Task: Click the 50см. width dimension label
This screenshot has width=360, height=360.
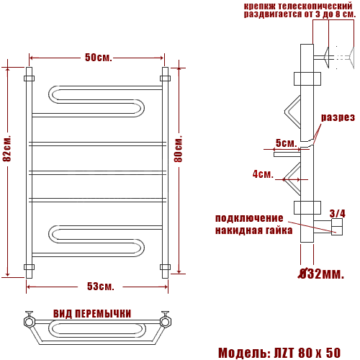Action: pyautogui.click(x=99, y=58)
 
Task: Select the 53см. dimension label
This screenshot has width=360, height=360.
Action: pyautogui.click(x=100, y=287)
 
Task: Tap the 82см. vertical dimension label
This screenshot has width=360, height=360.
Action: pyautogui.click(x=7, y=148)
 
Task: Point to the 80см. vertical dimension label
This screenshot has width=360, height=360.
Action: pyautogui.click(x=178, y=149)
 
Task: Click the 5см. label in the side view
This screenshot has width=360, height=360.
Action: pyautogui.click(x=287, y=143)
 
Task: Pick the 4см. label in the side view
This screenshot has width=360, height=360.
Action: pyautogui.click(x=263, y=174)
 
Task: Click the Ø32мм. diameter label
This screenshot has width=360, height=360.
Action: pyautogui.click(x=321, y=274)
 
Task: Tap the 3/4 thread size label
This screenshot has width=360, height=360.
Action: pyautogui.click(x=338, y=213)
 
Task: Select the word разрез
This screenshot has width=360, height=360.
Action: pyautogui.click(x=338, y=117)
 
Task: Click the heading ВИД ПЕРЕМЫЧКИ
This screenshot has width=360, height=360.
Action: pyautogui.click(x=92, y=314)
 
